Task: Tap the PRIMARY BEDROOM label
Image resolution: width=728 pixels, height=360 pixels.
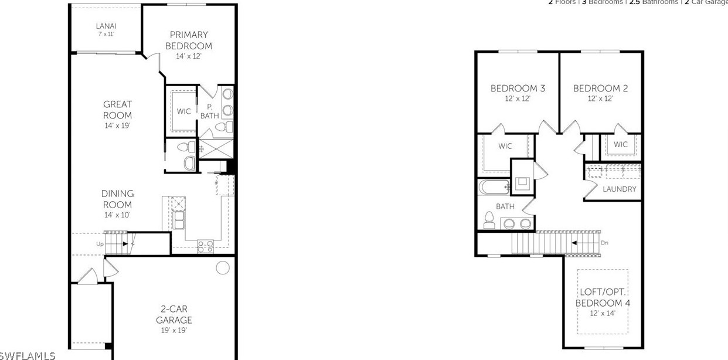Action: click(188, 40)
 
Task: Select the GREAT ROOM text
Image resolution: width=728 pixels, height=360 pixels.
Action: click(117, 110)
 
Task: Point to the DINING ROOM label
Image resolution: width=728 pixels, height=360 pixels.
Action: click(117, 199)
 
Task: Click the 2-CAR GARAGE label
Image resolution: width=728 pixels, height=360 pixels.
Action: click(174, 314)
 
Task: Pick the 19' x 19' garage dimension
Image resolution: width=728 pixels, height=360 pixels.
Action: click(174, 331)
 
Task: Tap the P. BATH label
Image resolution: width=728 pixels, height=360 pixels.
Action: click(209, 111)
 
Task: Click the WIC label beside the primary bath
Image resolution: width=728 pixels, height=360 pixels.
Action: click(183, 111)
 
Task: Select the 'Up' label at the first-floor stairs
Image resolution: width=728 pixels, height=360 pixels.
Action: click(100, 243)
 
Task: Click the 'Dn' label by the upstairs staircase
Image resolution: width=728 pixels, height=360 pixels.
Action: click(604, 243)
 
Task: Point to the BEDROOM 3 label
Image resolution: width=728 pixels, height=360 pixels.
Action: click(518, 89)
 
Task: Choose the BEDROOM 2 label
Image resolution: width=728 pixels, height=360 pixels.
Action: click(600, 89)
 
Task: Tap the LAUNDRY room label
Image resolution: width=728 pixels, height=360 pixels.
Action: click(619, 189)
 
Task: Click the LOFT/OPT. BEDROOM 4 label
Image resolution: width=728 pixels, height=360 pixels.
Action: click(603, 297)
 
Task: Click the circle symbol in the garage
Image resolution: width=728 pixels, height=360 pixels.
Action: click(223, 268)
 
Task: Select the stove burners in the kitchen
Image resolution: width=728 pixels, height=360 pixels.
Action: click(205, 246)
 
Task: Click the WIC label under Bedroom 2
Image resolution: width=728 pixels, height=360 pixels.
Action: click(621, 144)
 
